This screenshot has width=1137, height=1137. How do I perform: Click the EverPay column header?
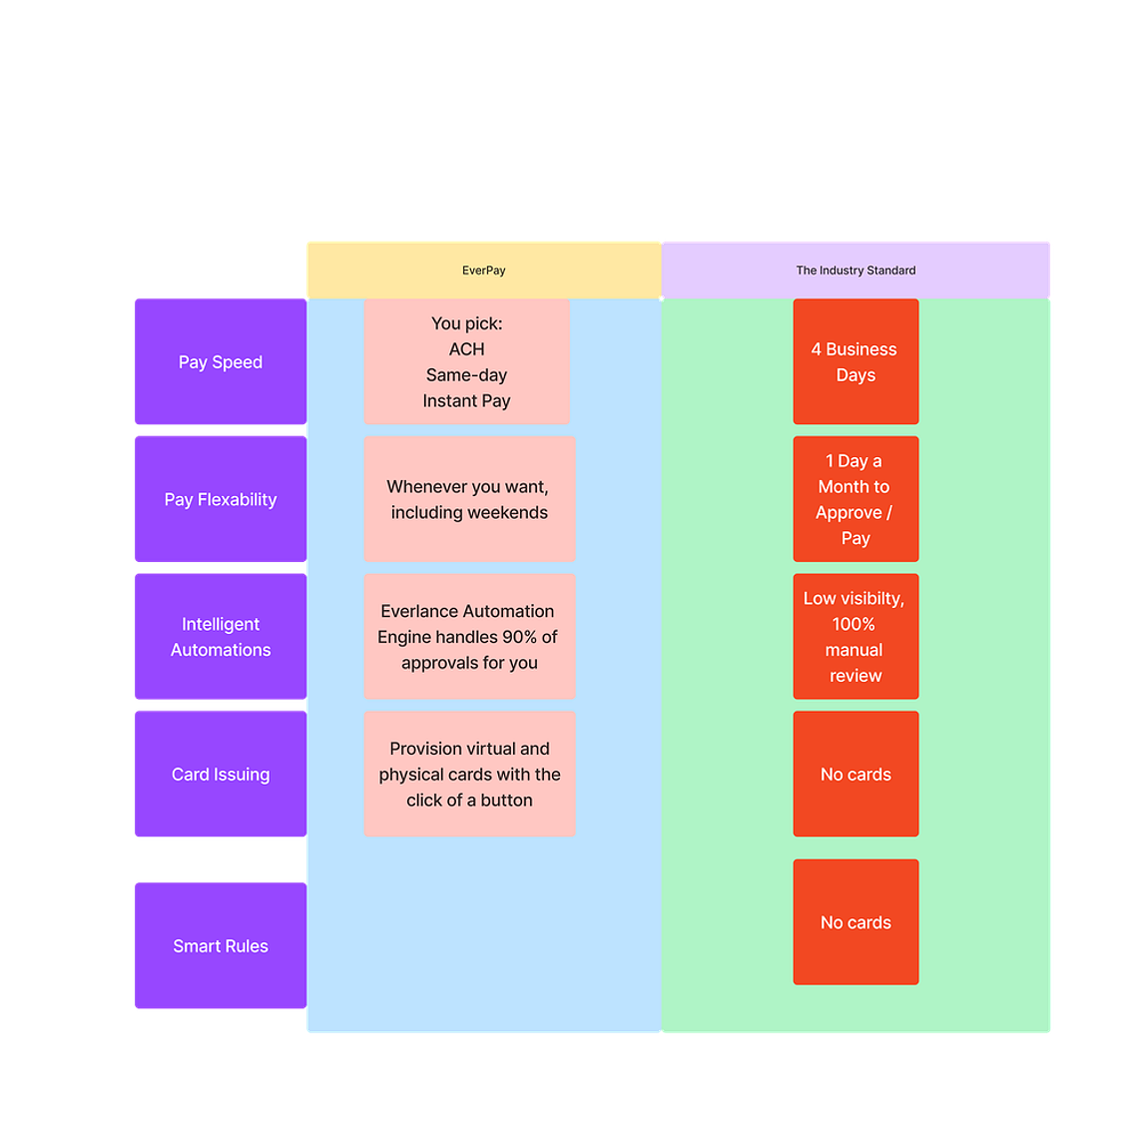[484, 271]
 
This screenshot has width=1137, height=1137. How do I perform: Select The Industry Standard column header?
[855, 271]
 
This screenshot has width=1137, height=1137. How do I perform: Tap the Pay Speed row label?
[221, 361]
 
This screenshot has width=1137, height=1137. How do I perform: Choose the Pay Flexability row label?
[221, 499]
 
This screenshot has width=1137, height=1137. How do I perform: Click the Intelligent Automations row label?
[221, 637]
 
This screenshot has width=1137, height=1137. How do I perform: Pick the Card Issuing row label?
[221, 774]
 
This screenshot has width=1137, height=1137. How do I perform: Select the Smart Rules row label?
[221, 945]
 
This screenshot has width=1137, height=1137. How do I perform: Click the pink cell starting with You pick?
[467, 361]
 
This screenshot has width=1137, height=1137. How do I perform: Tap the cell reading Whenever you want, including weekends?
[470, 499]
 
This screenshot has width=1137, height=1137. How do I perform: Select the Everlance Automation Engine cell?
[470, 637]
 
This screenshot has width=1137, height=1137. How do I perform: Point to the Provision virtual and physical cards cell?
[470, 774]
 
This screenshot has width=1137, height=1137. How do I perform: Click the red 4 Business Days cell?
[855, 361]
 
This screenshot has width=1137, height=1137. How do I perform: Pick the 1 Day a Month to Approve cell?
[855, 499]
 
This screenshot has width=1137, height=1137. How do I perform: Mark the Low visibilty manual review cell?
[855, 637]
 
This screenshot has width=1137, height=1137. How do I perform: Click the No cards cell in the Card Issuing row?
[855, 774]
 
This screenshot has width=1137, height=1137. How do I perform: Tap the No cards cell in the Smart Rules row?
[855, 922]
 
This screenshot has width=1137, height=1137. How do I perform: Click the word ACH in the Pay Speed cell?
[467, 349]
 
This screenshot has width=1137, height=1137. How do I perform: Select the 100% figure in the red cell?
[853, 624]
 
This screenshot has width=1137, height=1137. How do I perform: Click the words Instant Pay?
[467, 401]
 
